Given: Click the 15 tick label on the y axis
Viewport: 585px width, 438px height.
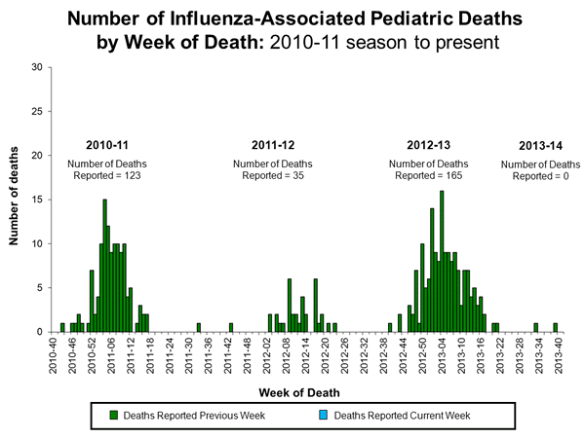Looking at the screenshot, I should click(x=36, y=200).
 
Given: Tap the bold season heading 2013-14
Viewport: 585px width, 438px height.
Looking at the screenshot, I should click(x=539, y=146).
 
